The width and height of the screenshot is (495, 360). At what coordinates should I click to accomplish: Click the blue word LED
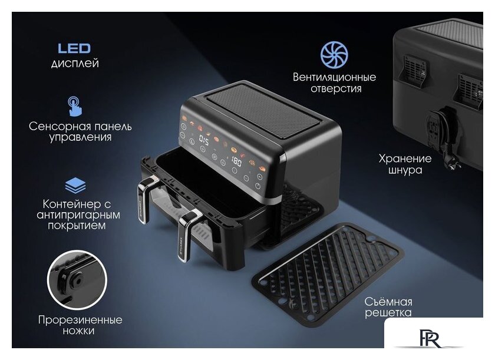[74, 48]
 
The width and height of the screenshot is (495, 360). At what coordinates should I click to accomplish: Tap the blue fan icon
[334, 55]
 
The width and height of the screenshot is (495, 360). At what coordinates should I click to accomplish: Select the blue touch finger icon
[75, 106]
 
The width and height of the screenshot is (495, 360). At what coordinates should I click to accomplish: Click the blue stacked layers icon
[75, 185]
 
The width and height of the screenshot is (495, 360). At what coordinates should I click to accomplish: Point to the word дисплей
[75, 64]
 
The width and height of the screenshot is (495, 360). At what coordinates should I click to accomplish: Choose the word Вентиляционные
[334, 77]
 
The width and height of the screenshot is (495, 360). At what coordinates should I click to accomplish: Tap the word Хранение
[405, 158]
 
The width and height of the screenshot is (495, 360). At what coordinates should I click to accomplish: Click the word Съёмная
[388, 301]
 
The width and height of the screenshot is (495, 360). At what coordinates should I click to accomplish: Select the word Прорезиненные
[80, 319]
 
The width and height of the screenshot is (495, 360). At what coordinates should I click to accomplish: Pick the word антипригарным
[78, 215]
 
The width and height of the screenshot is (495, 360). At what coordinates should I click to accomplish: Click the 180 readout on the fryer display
[236, 161]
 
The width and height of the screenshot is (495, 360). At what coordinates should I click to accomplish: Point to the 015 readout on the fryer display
[204, 139]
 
